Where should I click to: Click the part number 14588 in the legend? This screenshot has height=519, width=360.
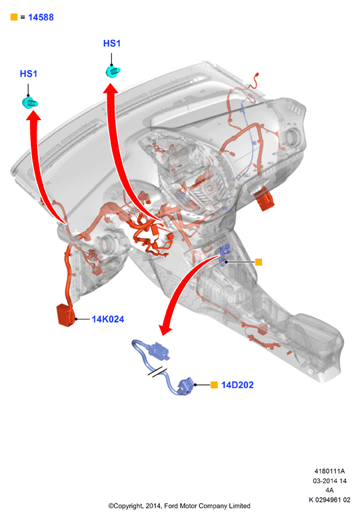41,17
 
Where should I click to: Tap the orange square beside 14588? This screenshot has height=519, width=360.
14,17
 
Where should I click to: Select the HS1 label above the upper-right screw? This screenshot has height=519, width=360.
112,43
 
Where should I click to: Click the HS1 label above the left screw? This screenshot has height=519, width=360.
29,73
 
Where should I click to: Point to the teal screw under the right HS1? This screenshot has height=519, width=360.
113,71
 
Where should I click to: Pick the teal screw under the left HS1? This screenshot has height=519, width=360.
30,103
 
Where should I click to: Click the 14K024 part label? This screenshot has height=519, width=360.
108,319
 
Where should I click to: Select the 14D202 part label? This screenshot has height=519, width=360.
237,385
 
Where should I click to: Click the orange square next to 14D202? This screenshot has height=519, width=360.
214,385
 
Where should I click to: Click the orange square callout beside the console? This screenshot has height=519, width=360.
259,262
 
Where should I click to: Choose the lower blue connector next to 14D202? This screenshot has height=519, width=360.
185,387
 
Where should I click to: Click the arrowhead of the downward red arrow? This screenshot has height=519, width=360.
166,330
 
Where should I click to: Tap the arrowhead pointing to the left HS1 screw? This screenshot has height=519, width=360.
33,115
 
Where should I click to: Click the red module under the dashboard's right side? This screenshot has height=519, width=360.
264,199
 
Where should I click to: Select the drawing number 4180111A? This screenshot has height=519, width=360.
329,471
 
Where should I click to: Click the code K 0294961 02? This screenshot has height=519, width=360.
329,500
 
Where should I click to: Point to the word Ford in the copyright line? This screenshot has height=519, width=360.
171,506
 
